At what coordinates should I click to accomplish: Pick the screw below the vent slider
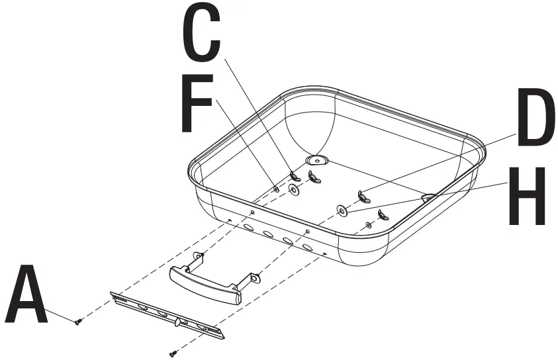(x=174, y=353)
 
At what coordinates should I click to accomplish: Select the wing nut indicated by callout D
(x=362, y=196)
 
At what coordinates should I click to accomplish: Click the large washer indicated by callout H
(x=340, y=210)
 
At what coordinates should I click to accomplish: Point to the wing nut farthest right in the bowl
(x=382, y=214)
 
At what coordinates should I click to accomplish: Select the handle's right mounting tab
(x=255, y=281)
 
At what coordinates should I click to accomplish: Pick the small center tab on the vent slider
(x=179, y=322)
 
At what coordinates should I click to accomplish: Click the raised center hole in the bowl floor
(x=316, y=160)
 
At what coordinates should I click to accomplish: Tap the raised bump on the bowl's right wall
(x=428, y=197)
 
